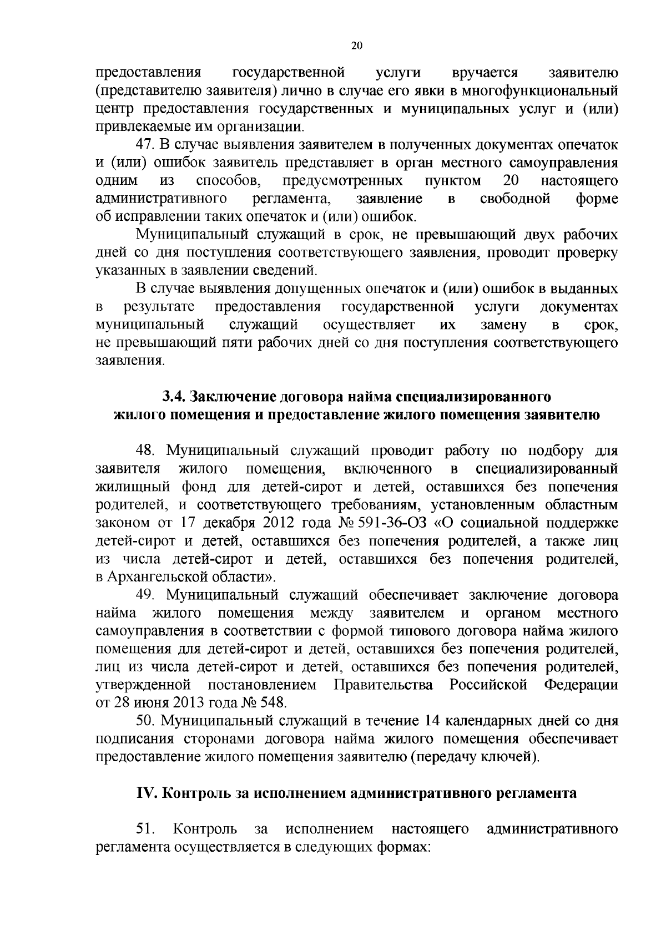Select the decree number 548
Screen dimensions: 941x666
pos(273,703)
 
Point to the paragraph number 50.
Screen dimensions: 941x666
pos(147,721)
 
